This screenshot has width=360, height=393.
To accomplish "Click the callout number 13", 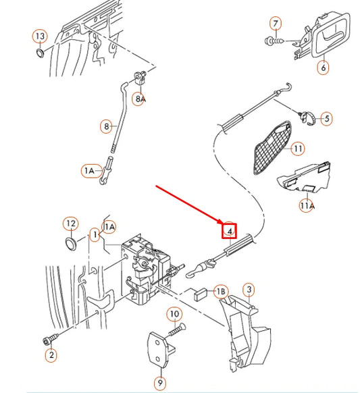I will point(41,35).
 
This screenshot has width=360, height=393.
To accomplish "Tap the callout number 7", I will point(275,24).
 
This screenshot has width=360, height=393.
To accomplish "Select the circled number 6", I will point(322,68).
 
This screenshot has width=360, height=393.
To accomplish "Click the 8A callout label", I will point(140,99).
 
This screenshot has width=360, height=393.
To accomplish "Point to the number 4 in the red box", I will point(230,231).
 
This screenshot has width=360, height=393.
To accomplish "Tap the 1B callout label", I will point(220,291).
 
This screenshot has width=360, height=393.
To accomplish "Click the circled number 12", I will point(70,222).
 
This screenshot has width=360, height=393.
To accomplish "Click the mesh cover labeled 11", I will point(269,149).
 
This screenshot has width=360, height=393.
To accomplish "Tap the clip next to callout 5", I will point(306,117).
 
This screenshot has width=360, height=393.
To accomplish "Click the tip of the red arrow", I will point(226,224).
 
